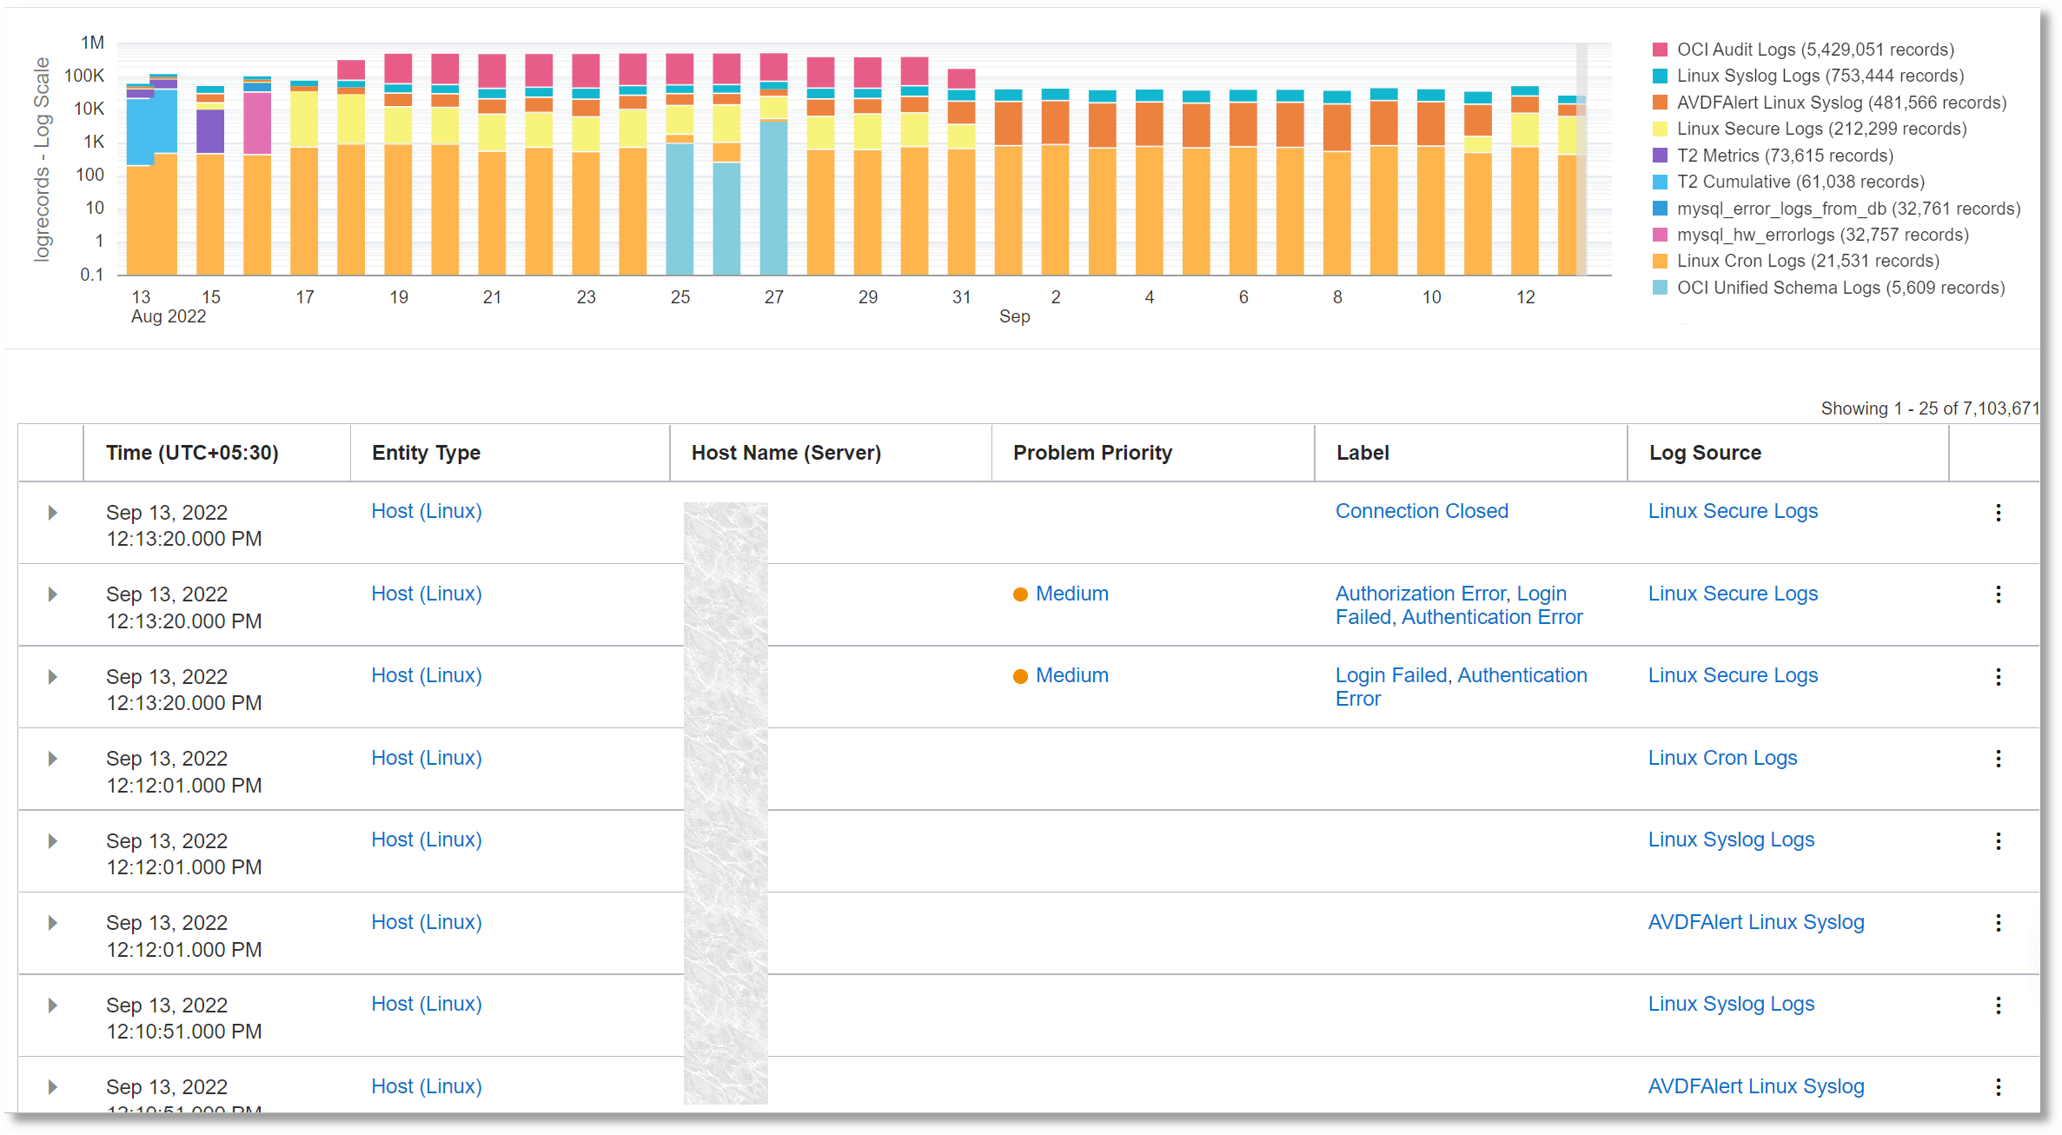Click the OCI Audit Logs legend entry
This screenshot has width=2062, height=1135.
pos(1814,50)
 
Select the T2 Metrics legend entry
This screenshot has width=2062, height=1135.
pos(1784,156)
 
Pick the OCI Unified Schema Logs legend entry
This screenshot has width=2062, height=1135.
pos(1840,288)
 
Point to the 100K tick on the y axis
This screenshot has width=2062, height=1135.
pos(83,76)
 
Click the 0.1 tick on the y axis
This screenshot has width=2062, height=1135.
pos(91,275)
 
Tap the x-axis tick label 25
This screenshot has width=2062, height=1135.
pos(680,297)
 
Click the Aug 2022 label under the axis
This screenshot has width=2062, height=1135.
pos(169,316)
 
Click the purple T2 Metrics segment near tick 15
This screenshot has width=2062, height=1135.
pos(210,131)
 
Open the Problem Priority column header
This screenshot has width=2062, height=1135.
pos(1091,453)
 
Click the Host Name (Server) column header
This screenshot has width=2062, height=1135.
pos(786,453)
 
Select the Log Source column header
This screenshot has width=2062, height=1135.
pos(1704,453)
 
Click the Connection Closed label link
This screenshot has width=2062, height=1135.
pos(1421,511)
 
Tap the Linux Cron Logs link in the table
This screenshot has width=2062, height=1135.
pos(1721,758)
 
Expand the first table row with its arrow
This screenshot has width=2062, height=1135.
pos(52,513)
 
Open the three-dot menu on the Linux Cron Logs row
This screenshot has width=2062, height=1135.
pos(1998,759)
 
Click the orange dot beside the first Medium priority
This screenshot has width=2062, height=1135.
pos(1020,594)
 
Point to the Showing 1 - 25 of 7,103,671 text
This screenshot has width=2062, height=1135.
pos(1928,408)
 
